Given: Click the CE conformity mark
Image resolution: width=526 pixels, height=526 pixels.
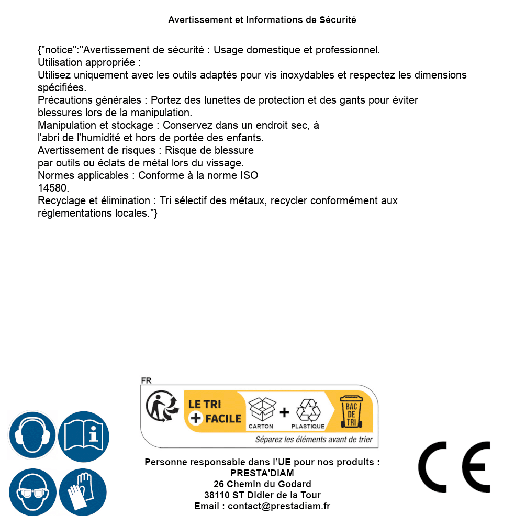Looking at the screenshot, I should (454, 467).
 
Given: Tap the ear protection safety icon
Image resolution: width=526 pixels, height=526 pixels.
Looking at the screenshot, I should (31, 435).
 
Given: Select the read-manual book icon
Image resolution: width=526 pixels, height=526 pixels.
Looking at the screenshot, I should (83, 435).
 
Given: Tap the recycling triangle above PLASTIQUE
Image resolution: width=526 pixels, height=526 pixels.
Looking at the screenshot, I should (308, 410).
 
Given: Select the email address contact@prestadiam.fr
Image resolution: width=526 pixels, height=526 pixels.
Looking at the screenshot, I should (279, 506).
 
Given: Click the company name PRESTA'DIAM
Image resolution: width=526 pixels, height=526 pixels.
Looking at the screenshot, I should (262, 473).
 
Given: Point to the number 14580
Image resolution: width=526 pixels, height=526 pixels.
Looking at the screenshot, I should (53, 188).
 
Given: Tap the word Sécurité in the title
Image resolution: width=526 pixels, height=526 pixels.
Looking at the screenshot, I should (338, 20).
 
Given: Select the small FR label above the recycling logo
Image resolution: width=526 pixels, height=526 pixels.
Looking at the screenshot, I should (146, 381).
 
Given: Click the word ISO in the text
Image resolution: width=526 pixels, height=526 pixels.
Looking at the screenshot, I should (249, 175).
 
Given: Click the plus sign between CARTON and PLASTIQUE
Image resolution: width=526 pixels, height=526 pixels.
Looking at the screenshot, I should (284, 412).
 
